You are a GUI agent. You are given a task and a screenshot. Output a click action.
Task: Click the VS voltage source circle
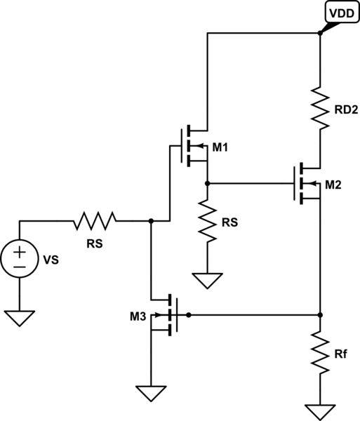tap(20, 259)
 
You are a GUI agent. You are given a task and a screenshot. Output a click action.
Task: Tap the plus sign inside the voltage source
tap(20, 251)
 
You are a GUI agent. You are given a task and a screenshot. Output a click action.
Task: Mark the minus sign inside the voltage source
tap(20, 267)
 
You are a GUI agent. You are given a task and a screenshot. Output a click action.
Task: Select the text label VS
tap(51, 260)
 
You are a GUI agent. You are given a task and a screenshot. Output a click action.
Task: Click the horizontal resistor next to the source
tap(94, 221)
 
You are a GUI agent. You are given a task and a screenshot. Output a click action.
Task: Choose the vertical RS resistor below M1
tap(208, 221)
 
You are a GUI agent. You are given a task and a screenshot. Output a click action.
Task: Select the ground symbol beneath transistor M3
tap(151, 393)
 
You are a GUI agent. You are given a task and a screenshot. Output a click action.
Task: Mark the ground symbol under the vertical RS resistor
tap(208, 280)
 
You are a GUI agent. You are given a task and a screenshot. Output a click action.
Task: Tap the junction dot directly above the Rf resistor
tap(320, 314)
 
